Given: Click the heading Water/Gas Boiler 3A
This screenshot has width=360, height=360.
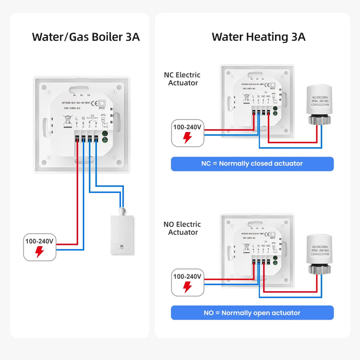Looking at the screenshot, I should tap(86, 37).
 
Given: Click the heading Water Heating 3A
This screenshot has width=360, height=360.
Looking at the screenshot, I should tap(259, 37).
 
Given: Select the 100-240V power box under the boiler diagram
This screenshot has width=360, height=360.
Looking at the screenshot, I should tap(40, 247).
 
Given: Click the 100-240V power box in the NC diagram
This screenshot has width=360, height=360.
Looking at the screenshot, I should tap(187, 133).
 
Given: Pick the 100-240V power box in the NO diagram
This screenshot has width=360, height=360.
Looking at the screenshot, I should tap(187, 282).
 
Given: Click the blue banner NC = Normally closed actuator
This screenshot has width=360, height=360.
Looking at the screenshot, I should tap(252, 164).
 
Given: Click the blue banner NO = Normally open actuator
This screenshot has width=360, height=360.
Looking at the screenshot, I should tap(252, 313).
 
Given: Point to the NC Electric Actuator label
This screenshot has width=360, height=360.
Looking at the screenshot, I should tap(182, 79).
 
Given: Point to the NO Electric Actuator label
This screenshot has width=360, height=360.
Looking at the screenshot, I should tap(182, 228).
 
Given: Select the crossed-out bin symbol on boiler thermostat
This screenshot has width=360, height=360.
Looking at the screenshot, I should tap(67, 120).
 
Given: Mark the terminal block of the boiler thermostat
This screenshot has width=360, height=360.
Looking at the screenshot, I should tap(87, 137).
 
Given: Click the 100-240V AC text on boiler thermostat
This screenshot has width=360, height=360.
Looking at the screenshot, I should tap(72, 108).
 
